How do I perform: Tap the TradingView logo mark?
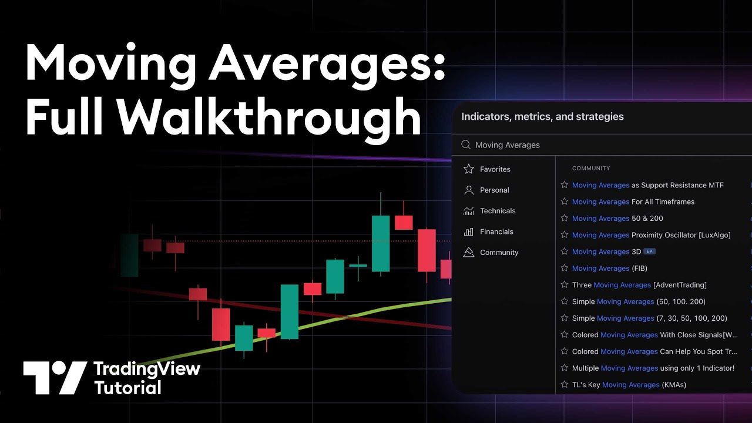(55, 377)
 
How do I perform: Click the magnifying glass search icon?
(466, 145)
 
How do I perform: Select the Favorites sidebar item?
(495, 169)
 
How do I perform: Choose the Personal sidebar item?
(494, 190)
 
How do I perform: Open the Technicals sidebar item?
(497, 211)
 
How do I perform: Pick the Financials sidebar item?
(496, 231)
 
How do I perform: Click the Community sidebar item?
(499, 253)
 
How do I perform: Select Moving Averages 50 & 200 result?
(617, 219)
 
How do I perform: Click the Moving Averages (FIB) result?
(609, 268)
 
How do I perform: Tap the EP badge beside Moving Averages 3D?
(649, 251)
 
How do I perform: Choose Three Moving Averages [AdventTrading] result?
(639, 285)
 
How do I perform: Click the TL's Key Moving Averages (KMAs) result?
(629, 385)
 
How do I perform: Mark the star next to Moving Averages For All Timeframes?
(565, 202)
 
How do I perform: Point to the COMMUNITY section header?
(591, 168)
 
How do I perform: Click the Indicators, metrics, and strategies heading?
(542, 116)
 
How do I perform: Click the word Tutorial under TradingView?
(127, 388)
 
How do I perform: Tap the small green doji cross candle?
(358, 266)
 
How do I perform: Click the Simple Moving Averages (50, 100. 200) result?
(639, 301)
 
